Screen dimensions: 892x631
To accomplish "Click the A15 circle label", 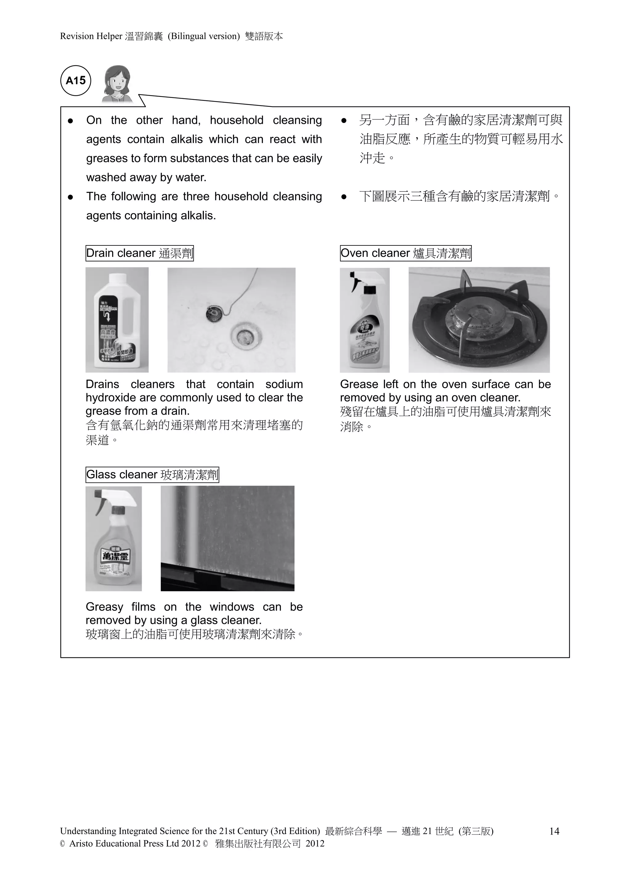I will [x=76, y=81].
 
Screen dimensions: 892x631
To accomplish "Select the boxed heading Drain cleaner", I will [x=140, y=253].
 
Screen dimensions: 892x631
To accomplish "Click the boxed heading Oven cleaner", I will [x=405, y=253].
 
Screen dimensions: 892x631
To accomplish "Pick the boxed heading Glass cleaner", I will [x=152, y=475].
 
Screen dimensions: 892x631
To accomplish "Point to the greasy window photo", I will [x=227, y=538].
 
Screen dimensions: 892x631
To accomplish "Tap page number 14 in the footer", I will [x=554, y=831].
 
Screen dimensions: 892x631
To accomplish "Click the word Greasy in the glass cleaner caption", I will [x=104, y=607].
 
